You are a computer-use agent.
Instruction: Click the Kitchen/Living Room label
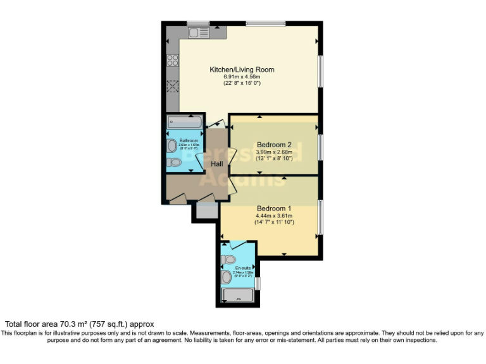click(242, 70)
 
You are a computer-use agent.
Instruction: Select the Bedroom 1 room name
click(274, 209)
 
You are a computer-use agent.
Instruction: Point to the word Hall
click(217, 164)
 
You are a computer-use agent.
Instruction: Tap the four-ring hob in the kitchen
click(172, 61)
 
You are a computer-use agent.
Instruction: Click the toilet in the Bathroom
click(174, 162)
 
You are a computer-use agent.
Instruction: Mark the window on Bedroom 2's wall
click(320, 147)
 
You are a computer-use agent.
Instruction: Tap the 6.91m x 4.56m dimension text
click(242, 76)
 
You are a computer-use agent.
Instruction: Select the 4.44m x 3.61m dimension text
click(273, 215)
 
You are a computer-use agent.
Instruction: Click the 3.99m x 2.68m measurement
click(273, 152)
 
